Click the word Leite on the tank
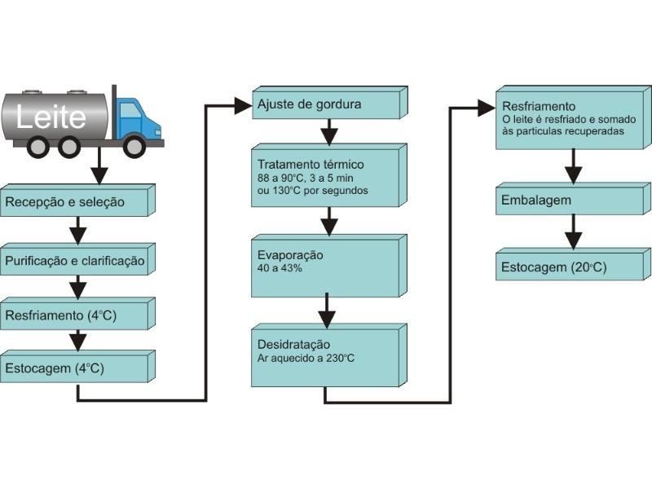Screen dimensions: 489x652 [51, 117]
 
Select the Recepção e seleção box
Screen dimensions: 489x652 [73, 202]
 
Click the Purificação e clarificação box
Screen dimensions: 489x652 [75, 261]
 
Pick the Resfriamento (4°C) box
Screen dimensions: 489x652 [73, 315]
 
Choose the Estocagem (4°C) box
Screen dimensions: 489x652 [73, 368]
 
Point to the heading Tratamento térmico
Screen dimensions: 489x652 [305, 164]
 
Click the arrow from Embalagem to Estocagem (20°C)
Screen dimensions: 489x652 [574, 232]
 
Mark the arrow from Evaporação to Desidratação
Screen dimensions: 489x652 [327, 310]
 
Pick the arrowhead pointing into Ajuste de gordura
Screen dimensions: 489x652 [243, 104]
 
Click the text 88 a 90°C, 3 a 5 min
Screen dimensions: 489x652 [306, 177]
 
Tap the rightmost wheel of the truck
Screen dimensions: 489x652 [134, 146]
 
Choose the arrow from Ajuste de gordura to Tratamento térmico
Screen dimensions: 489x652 [328, 131]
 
